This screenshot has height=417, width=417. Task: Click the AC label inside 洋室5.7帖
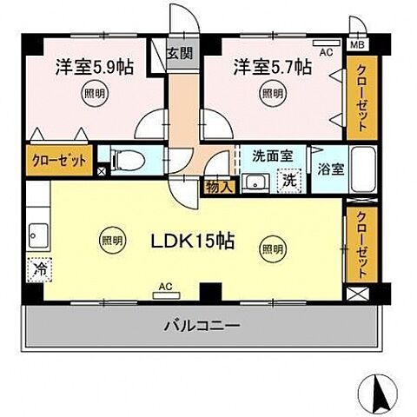click(326, 52)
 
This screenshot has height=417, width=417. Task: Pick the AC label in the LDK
click(165, 284)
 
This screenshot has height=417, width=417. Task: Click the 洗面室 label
click(272, 157)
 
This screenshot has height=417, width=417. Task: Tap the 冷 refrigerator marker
click(39, 270)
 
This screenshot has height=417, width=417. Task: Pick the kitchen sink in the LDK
click(39, 233)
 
